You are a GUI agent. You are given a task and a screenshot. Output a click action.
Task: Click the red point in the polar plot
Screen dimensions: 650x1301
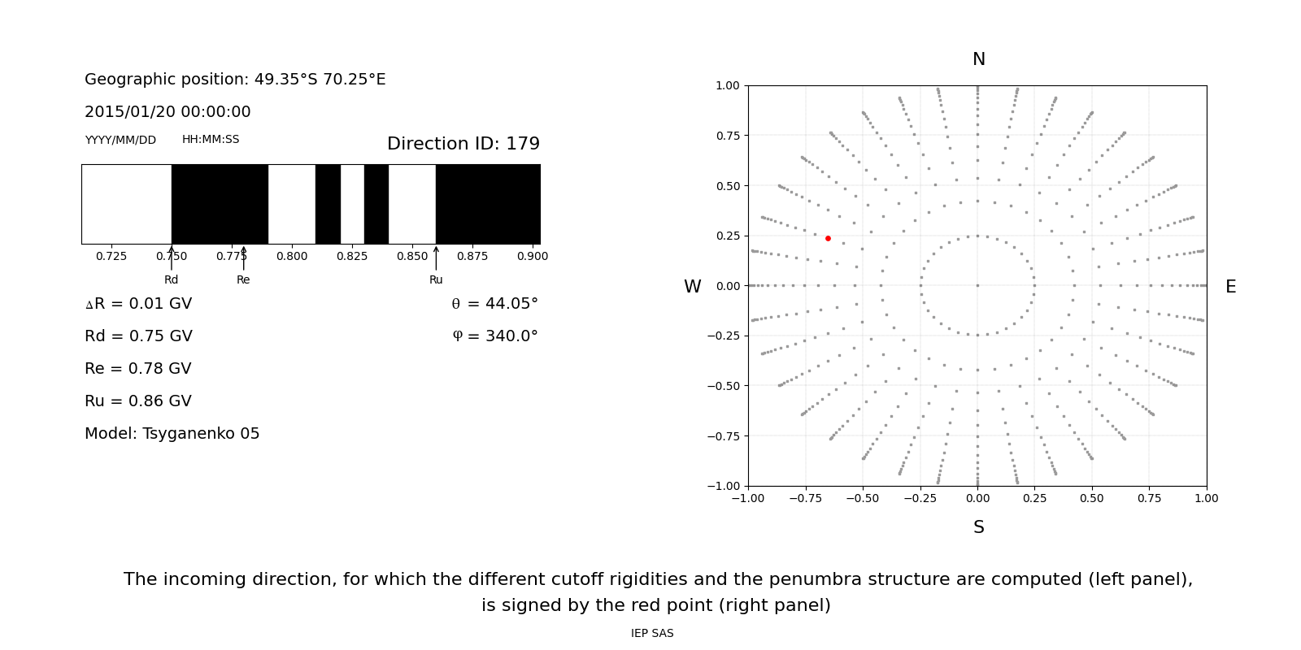pos(828,238)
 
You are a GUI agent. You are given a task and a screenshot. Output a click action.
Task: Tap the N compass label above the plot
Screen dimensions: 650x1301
pos(978,59)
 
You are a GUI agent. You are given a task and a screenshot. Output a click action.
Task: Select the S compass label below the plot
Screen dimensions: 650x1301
pos(978,527)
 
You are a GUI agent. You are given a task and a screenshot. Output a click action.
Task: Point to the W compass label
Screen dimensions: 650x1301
pos(692,287)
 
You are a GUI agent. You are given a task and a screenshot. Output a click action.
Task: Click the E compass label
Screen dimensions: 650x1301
pos(1230,287)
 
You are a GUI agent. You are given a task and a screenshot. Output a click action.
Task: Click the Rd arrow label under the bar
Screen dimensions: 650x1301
pos(171,279)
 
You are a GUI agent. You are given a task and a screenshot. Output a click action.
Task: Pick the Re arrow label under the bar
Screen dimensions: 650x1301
pos(243,279)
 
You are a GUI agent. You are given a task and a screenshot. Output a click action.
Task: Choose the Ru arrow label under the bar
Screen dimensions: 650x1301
pos(436,279)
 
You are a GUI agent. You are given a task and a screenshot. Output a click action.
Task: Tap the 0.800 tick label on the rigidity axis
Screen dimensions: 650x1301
pos(292,256)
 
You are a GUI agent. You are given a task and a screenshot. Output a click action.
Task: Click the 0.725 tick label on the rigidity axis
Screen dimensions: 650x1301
pos(111,256)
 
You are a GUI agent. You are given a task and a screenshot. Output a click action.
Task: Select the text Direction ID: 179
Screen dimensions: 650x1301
pos(463,144)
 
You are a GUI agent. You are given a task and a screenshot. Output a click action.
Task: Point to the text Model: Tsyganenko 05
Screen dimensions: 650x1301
pos(172,434)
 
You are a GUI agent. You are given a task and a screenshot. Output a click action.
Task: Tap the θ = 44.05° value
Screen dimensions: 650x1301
pos(494,304)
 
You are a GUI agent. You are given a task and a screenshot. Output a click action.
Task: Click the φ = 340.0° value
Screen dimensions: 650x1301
pos(494,336)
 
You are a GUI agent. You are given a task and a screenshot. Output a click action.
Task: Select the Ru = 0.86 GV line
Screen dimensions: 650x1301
pos(138,401)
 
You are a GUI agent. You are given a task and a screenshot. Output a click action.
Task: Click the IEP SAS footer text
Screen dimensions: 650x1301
pos(651,633)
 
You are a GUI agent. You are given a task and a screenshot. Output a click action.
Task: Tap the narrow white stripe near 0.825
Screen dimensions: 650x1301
pos(352,204)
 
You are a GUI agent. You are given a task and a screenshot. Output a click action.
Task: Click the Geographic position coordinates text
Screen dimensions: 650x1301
pos(235,80)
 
